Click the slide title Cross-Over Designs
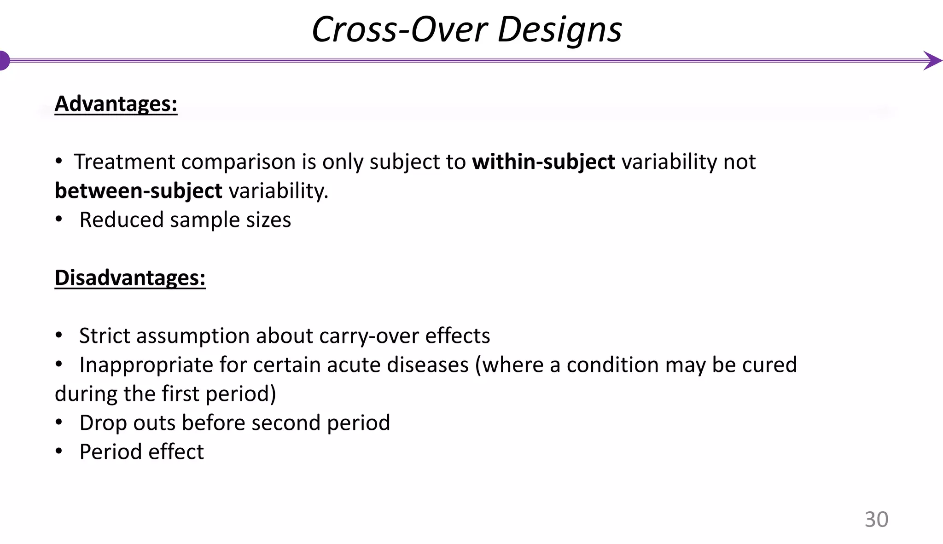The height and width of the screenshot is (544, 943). pyautogui.click(x=466, y=29)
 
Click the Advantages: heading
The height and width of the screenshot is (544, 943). pyautogui.click(x=116, y=104)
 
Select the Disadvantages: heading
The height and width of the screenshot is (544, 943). pyautogui.click(x=130, y=278)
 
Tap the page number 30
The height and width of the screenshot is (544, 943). pyautogui.click(x=876, y=519)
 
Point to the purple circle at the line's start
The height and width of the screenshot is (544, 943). pyautogui.click(x=4, y=60)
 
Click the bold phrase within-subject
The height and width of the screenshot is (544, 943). pyautogui.click(x=543, y=162)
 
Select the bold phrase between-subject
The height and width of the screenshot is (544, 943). pyautogui.click(x=138, y=191)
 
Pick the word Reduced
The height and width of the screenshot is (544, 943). pyautogui.click(x=121, y=220)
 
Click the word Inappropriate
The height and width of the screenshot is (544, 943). pyautogui.click(x=146, y=365)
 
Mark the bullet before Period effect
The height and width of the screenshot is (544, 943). pyautogui.click(x=58, y=452)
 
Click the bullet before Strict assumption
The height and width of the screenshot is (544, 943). pyautogui.click(x=58, y=336)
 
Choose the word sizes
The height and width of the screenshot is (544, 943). pyautogui.click(x=268, y=220)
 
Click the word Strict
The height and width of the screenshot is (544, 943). pyautogui.click(x=105, y=336)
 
